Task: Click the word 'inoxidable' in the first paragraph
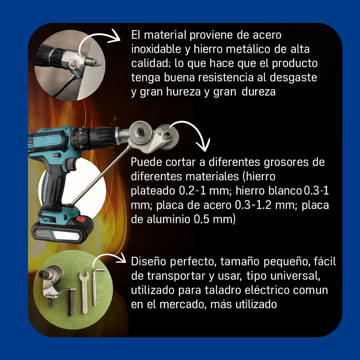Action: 156,49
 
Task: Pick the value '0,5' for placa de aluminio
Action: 203,219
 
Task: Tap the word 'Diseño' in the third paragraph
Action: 149,262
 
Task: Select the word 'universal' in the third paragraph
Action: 299,276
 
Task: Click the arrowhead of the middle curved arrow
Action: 202,145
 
